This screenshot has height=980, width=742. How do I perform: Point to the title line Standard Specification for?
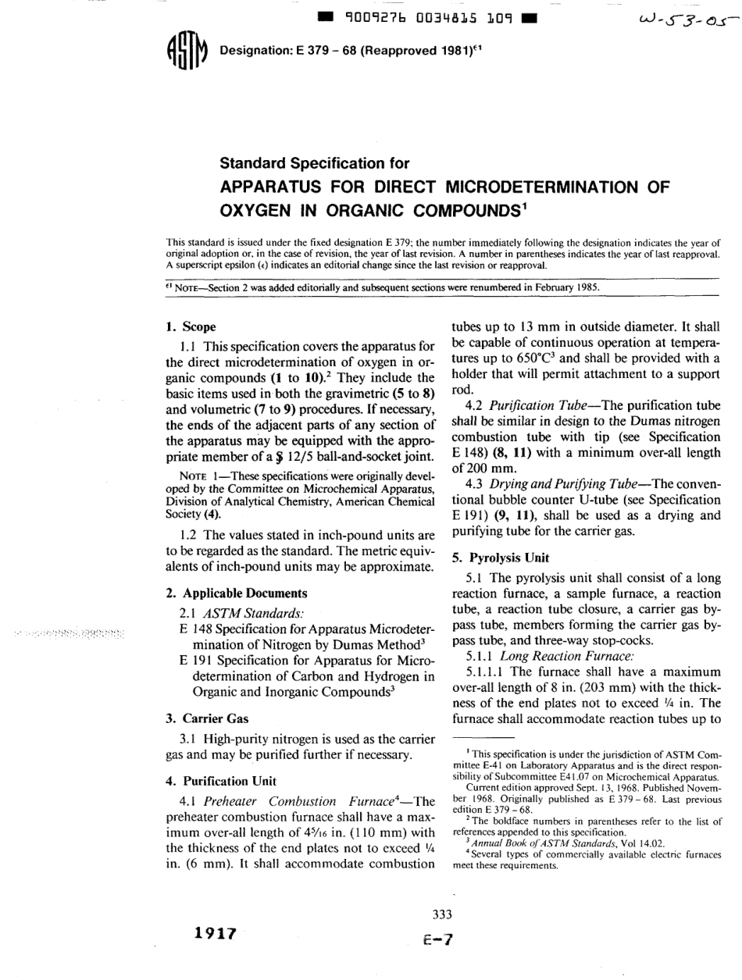(x=321, y=162)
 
